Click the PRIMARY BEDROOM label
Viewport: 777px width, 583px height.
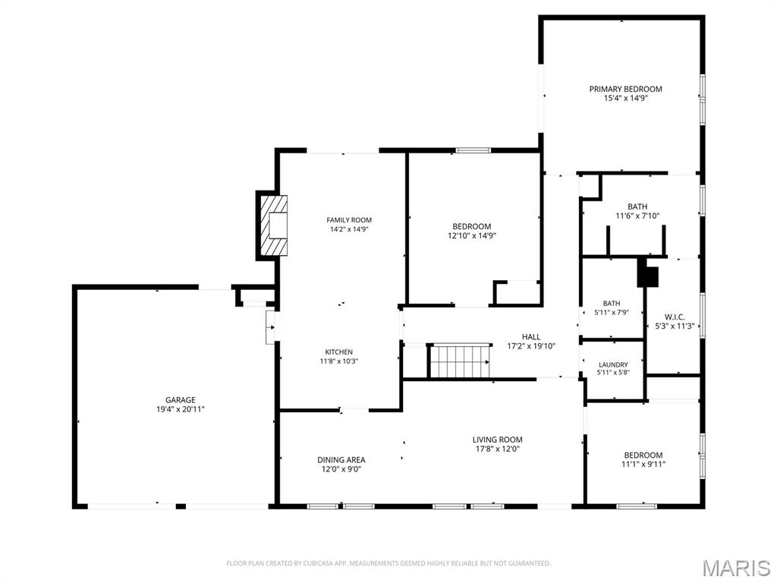coord(625,89)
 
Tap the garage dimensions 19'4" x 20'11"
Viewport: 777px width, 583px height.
coord(181,409)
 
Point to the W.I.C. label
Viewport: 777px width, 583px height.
coord(675,317)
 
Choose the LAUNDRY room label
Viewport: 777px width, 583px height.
coord(613,364)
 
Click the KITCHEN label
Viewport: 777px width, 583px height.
coord(338,352)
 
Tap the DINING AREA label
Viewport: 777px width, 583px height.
coord(341,459)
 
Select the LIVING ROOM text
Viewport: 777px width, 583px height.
coord(497,440)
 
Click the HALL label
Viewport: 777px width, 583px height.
coord(531,336)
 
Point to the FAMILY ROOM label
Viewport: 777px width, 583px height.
coord(349,220)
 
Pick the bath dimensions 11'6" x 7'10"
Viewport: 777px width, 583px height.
coord(637,216)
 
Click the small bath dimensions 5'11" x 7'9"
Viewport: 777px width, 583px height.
coord(612,313)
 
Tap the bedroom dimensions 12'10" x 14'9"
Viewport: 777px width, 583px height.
coord(471,235)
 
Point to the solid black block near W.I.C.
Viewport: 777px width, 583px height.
coord(647,273)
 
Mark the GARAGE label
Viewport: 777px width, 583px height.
coord(181,400)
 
